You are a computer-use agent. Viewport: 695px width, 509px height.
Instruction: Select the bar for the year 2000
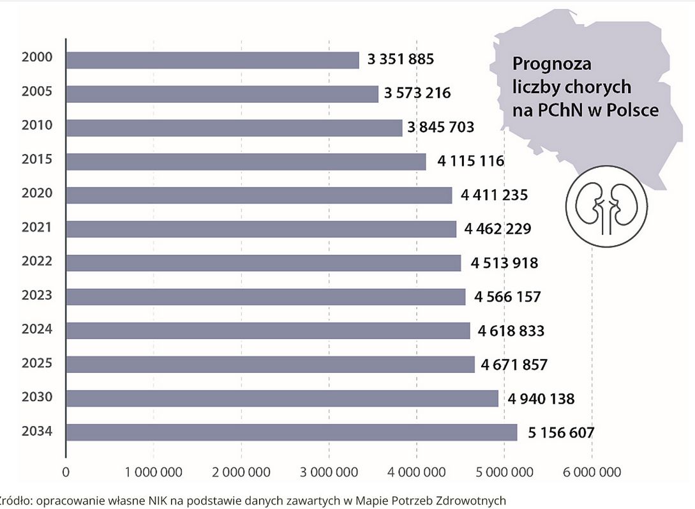[x=213, y=60]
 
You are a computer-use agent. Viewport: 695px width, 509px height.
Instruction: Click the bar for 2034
[x=292, y=432]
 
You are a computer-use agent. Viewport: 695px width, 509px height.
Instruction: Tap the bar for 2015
[x=246, y=162]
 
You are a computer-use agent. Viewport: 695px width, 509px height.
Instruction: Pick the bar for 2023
[x=265, y=297]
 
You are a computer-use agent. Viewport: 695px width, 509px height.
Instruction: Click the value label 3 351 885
[x=401, y=59]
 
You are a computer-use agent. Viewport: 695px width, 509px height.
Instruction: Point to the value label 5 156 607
[x=561, y=432]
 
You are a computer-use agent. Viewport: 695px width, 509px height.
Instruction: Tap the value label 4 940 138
[x=541, y=399]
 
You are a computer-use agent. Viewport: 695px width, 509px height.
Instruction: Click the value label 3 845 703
[x=441, y=127]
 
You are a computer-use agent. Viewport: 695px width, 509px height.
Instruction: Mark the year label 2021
[x=36, y=227]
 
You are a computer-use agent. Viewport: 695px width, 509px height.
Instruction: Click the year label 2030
[x=36, y=397]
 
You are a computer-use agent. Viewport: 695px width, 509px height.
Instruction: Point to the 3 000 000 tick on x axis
[x=329, y=473]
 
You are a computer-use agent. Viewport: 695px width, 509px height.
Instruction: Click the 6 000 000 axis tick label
[x=592, y=473]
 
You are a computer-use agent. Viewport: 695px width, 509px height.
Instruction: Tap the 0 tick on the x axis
[x=66, y=473]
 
